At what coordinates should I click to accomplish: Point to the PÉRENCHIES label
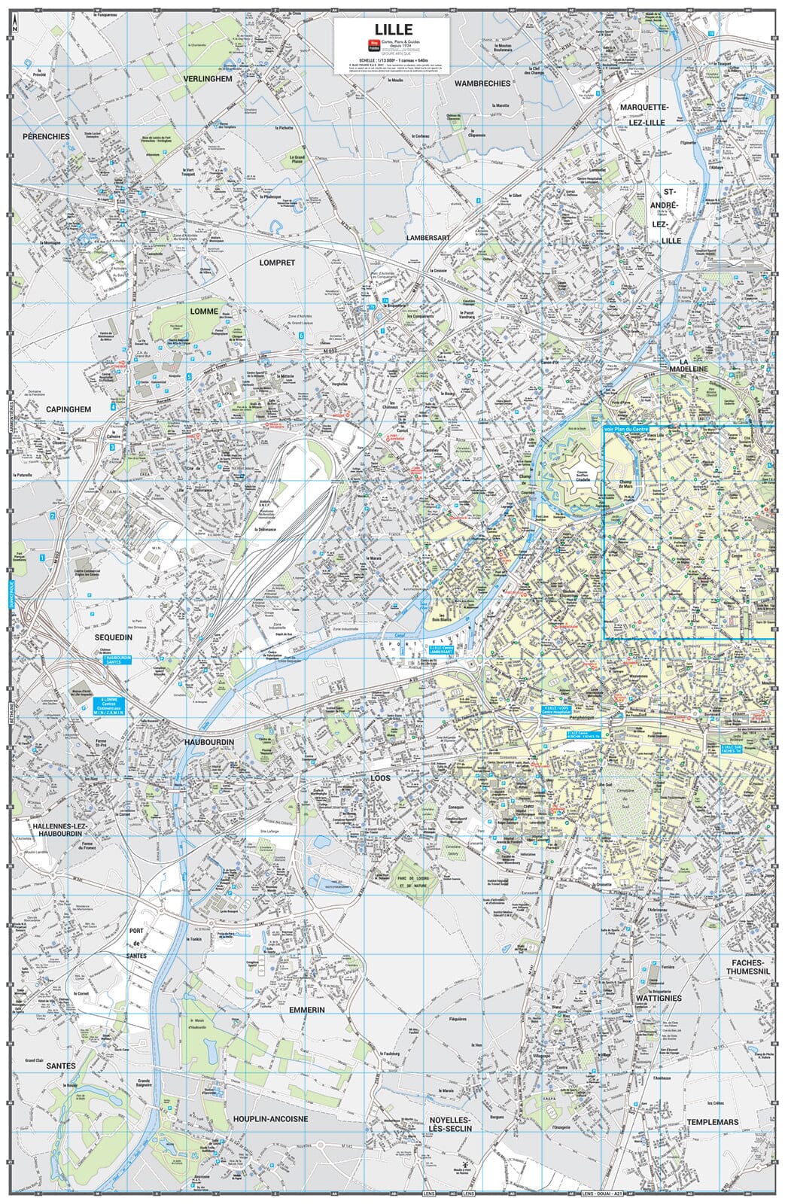click(46, 136)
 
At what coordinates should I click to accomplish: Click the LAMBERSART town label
click(427, 237)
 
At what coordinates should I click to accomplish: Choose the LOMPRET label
click(277, 263)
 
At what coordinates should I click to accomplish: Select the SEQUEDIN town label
click(114, 637)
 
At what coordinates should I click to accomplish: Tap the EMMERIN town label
click(306, 1010)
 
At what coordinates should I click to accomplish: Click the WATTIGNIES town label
click(658, 998)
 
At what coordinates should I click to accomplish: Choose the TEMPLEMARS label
click(712, 1122)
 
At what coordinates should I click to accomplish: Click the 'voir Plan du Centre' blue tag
click(625, 429)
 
